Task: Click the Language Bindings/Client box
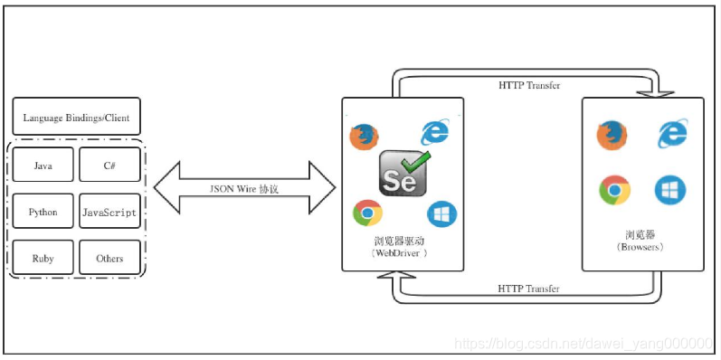pos(76,117)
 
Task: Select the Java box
pos(43,166)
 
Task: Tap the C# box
pos(109,166)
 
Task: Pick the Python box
pos(43,212)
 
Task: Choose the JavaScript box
pos(109,212)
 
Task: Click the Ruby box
pos(43,258)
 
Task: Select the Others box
pos(109,258)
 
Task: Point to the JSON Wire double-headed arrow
pos(244,188)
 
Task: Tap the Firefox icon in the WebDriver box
pos(363,137)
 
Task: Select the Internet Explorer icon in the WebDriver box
pos(435,132)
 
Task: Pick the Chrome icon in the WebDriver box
pos(367,213)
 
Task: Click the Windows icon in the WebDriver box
pos(441,213)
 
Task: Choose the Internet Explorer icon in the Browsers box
pos(671,134)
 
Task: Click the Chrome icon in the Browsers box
pos(614,191)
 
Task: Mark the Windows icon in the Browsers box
pos(670,190)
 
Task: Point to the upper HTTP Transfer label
pos(528,85)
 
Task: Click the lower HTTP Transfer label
pos(528,289)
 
